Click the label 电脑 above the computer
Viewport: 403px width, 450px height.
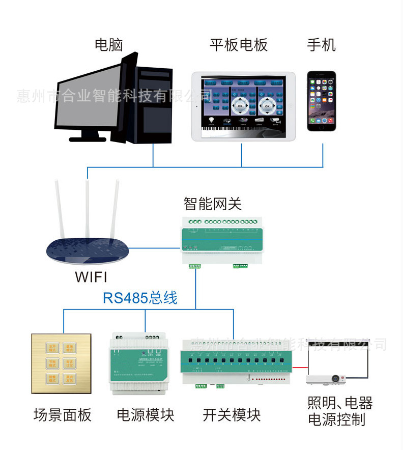coord(109,45)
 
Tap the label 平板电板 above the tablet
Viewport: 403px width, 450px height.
coord(238,45)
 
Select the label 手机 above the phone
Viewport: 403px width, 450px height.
coord(321,45)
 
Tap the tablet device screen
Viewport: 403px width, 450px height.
coord(244,106)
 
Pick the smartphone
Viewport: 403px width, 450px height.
coord(322,101)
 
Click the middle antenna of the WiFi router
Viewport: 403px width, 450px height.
coord(88,209)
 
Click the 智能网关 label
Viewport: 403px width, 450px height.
coord(213,204)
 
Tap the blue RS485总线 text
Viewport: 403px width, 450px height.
coord(140,298)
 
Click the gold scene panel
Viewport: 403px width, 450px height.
coord(61,363)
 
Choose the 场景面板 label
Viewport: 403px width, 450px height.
coord(62,415)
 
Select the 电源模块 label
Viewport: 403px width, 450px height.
coord(146,415)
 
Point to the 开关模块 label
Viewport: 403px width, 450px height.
coord(232,415)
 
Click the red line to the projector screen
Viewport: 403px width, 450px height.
coord(299,367)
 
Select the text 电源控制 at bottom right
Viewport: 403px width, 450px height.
coord(337,420)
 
